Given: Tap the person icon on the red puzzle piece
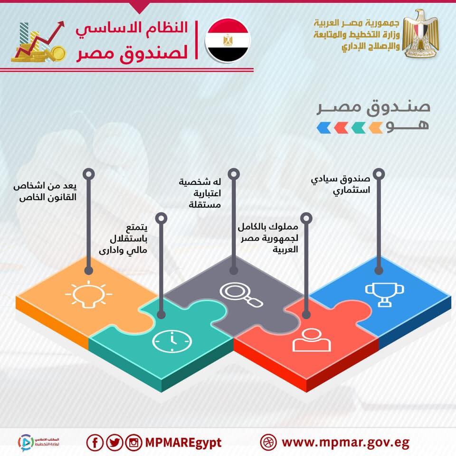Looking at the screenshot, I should pos(312,339).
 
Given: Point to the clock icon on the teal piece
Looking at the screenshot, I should pos(172,341).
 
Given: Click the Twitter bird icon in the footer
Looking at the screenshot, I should pos(114,443).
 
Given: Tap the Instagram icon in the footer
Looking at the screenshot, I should pos(134,443).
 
